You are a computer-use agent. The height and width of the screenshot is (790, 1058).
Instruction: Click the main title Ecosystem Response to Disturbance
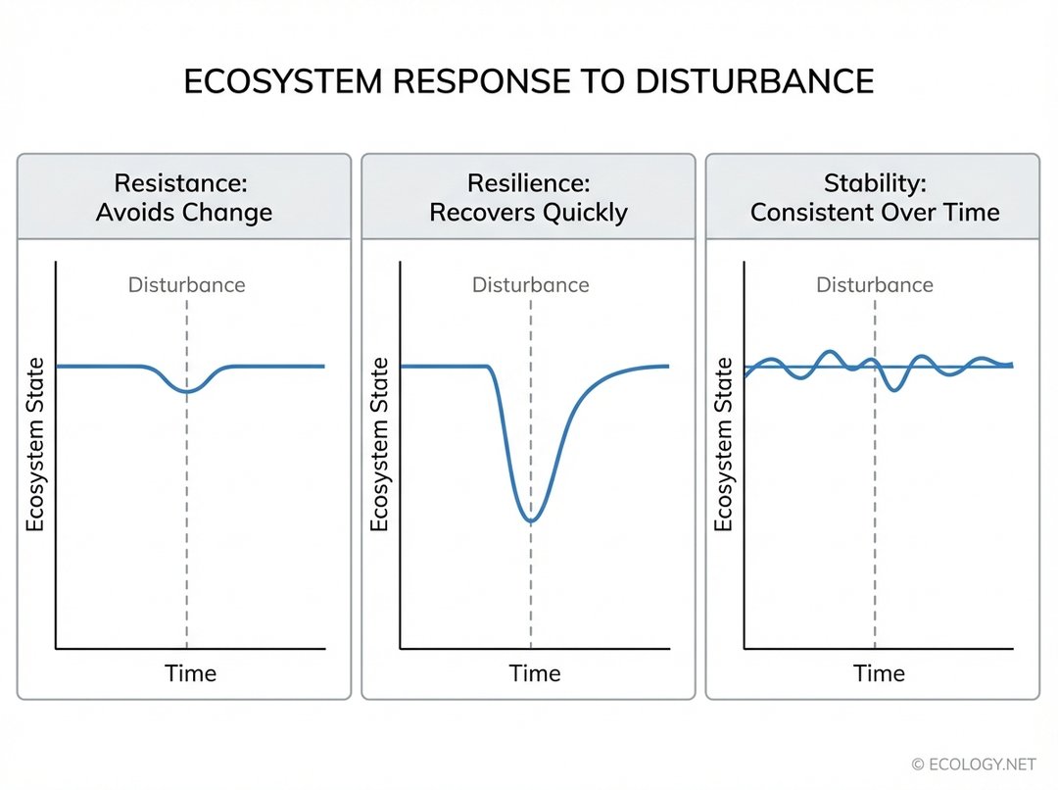[528, 81]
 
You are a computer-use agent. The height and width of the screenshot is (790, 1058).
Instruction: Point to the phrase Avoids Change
[184, 213]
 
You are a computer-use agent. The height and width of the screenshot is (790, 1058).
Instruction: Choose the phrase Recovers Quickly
[528, 213]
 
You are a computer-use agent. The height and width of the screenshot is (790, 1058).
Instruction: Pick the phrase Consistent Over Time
[874, 213]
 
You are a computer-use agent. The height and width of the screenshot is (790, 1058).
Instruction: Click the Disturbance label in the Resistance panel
[186, 285]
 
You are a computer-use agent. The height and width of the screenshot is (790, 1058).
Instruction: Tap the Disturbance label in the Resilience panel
[530, 285]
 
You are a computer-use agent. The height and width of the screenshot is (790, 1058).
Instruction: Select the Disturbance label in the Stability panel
[874, 285]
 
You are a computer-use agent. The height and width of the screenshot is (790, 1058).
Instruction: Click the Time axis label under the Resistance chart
[191, 673]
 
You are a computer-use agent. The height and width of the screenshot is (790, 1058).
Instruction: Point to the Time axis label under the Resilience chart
[535, 673]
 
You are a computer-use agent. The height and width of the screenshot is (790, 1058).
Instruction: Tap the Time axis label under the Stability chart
[879, 673]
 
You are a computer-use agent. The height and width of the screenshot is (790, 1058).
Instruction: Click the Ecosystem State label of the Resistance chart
[35, 446]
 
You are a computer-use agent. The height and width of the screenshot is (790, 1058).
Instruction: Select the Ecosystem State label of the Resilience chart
[379, 446]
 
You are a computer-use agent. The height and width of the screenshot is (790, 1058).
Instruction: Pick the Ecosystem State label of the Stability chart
[723, 446]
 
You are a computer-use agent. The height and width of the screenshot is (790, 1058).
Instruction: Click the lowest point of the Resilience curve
[530, 519]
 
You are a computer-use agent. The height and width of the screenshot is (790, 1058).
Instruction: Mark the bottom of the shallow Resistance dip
[186, 391]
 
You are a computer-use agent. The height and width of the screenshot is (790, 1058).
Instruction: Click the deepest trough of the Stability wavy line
[892, 390]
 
